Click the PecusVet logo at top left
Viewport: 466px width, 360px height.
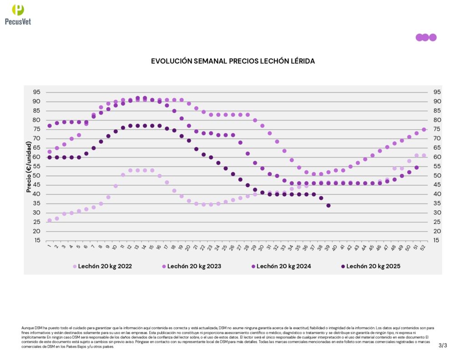click(18, 14)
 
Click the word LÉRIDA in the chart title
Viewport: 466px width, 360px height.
click(299, 61)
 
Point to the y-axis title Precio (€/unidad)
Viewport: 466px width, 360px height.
click(29, 167)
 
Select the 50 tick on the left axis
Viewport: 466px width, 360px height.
click(36, 176)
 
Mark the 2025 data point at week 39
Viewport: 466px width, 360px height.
click(328, 205)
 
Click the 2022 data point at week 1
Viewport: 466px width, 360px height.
click(49, 220)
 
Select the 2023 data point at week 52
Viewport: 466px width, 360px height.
click(424, 130)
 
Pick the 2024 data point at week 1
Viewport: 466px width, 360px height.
click(49, 126)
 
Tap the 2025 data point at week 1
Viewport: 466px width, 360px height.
click(49, 157)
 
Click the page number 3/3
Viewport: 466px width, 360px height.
click(443, 345)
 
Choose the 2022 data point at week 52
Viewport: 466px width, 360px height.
click(424, 156)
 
